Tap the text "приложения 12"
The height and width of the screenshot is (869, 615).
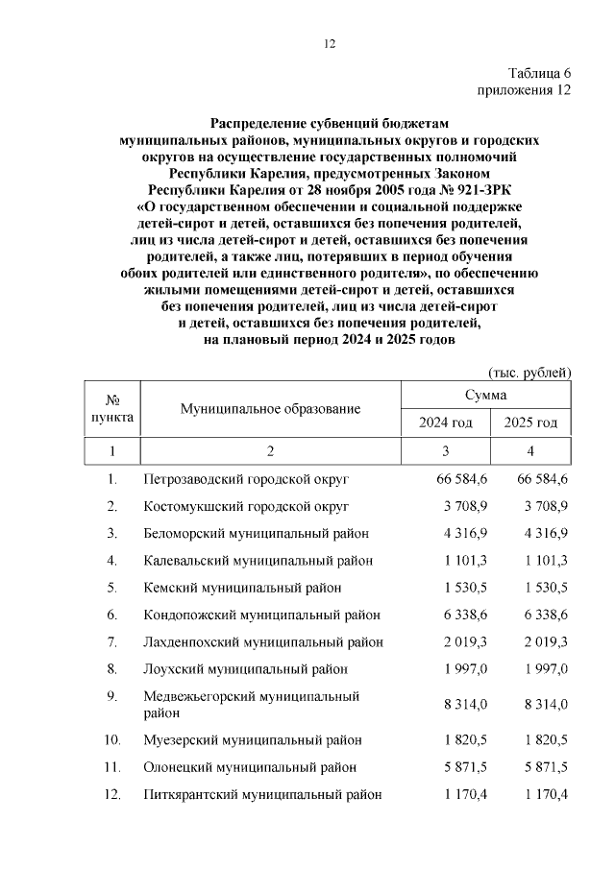coord(525,90)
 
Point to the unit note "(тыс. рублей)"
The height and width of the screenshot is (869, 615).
coord(530,372)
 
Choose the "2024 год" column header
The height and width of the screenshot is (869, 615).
coord(445,422)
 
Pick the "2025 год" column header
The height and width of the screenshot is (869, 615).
coord(529,422)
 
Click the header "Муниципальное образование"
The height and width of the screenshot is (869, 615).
coord(270,409)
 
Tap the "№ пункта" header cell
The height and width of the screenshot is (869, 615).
coord(111,409)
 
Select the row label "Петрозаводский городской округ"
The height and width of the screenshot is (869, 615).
coord(245,478)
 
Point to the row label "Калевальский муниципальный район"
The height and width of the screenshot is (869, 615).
coord(258,560)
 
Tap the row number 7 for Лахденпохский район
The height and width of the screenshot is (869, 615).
coord(111,641)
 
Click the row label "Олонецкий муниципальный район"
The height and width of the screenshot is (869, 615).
coord(250,767)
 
